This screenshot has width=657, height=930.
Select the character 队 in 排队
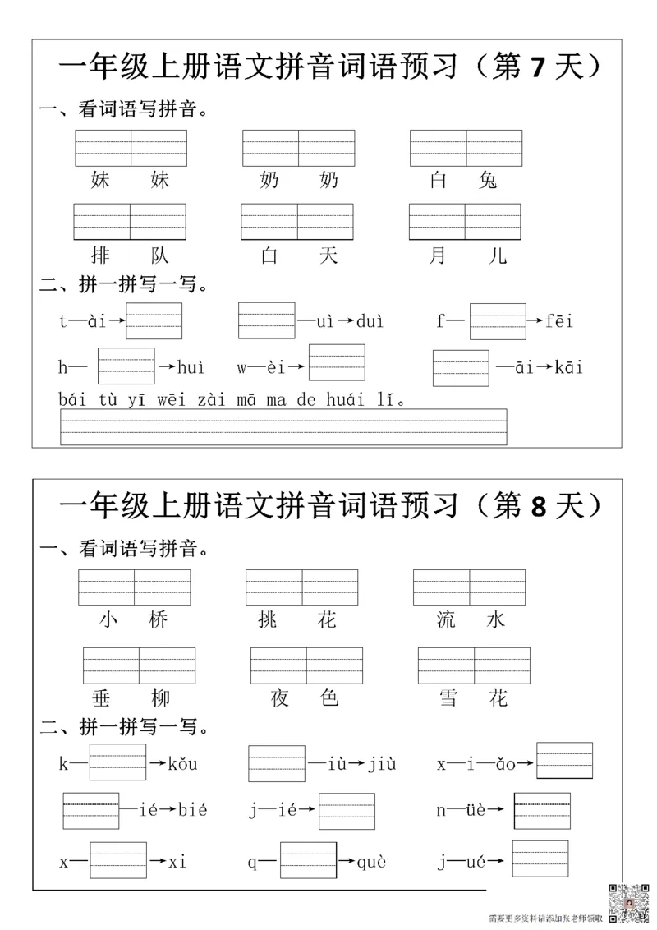(x=159, y=256)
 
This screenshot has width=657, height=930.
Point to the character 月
(x=438, y=256)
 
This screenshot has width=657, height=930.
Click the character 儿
(x=497, y=256)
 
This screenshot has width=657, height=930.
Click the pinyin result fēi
(x=561, y=321)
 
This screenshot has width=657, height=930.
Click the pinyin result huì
(x=191, y=367)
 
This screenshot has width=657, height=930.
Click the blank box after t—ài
(x=154, y=321)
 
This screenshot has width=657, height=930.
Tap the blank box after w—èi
(x=337, y=362)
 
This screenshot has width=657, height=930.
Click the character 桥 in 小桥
(x=159, y=619)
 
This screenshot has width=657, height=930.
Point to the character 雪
(x=448, y=698)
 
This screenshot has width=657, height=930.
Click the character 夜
(x=280, y=698)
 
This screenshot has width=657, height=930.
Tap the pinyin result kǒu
(x=182, y=764)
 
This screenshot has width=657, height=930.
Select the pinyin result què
(x=371, y=862)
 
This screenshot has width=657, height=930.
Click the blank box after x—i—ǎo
(x=564, y=760)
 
